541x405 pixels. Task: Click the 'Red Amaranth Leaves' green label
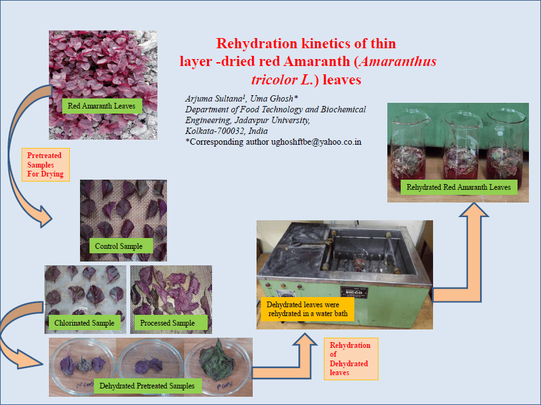pos(102,106)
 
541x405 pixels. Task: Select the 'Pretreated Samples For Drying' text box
pos(46,165)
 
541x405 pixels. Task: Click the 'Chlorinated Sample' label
pos(84,323)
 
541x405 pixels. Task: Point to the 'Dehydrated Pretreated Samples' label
pos(147,385)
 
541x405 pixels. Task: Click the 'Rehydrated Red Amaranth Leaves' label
pos(459,187)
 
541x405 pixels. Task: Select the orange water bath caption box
pos(307,309)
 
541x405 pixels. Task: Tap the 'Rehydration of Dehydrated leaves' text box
pos(351,359)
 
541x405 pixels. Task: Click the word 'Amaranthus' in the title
pos(397,62)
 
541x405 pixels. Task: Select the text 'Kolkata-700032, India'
pos(226,131)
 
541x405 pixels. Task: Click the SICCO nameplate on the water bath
pos(354,292)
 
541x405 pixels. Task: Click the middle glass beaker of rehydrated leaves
pos(461,145)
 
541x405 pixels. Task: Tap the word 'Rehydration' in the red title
pos(257,43)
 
